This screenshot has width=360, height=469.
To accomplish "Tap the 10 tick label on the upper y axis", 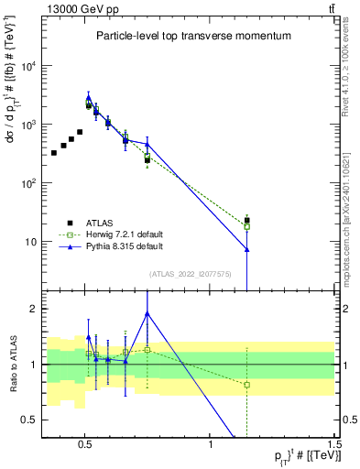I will [33, 242].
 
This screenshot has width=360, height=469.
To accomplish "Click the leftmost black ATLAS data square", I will [54, 153].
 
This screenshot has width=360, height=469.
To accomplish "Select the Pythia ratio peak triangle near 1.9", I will [147, 313].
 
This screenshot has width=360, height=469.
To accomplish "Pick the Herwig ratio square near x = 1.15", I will [246, 385].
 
